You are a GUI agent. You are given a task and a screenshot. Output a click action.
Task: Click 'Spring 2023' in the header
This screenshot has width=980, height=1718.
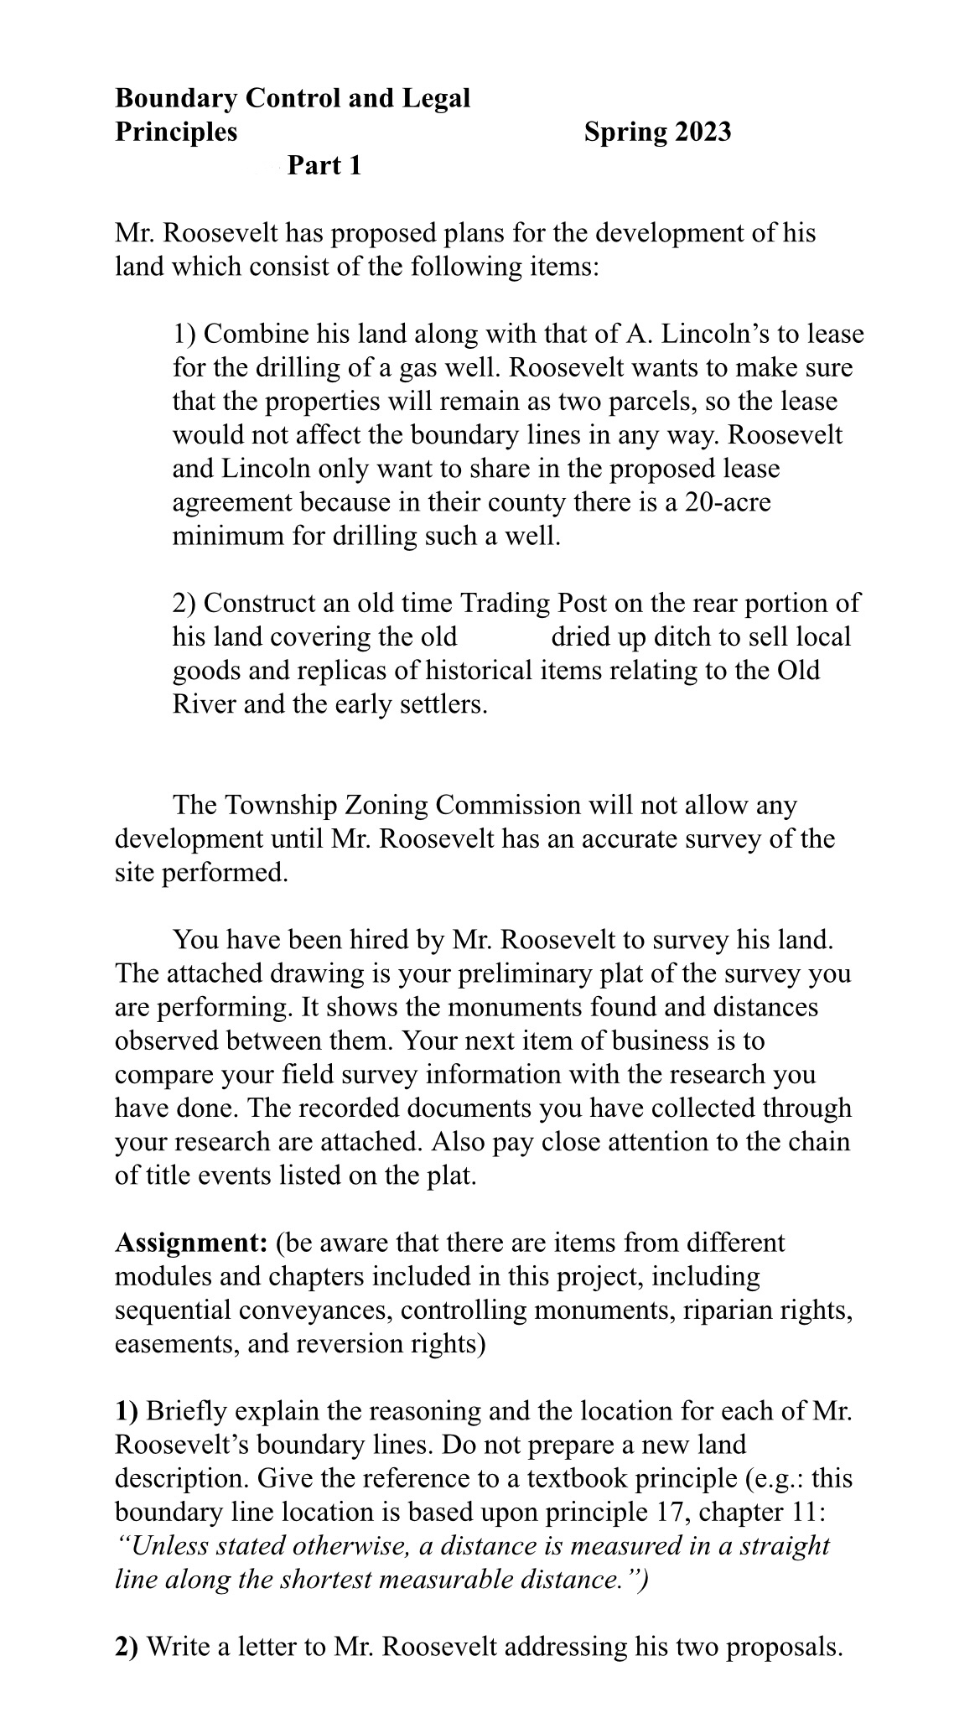(x=657, y=132)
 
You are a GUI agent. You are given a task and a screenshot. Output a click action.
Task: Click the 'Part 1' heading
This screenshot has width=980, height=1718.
(x=324, y=166)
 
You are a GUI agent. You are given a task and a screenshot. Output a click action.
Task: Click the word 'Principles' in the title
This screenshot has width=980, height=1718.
(x=176, y=132)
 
